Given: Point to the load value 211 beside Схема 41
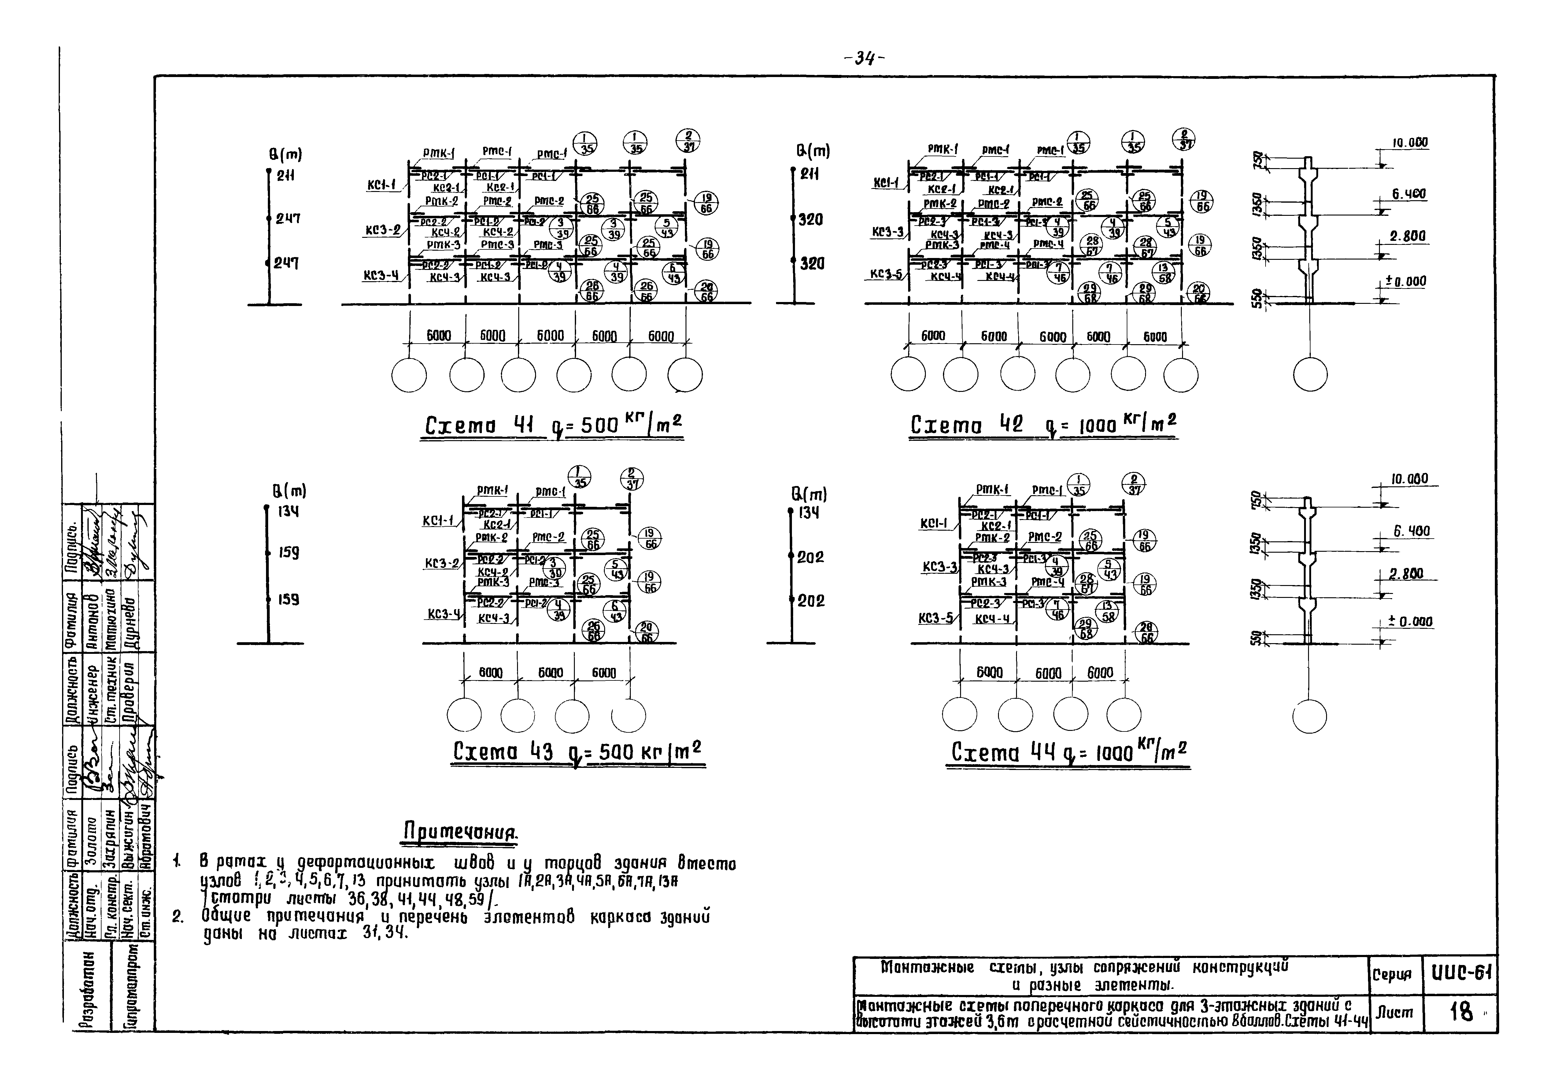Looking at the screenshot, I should click(x=285, y=176).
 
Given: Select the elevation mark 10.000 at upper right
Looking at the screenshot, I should click(x=1410, y=143).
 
